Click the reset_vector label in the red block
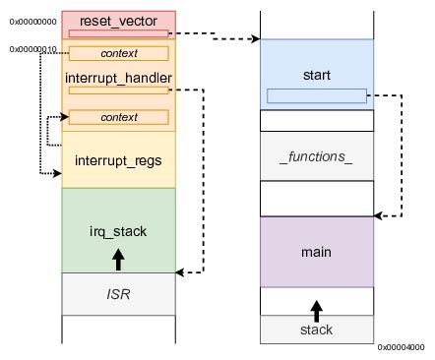tap(117, 20)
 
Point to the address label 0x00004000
tap(401, 346)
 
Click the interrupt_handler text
tap(118, 77)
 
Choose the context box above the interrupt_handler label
tap(118, 53)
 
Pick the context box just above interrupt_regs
tap(118, 117)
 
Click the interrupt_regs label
tap(118, 160)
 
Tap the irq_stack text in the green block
tap(118, 232)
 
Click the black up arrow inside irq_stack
tap(118, 258)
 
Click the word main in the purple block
tap(317, 252)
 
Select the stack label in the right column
tap(317, 330)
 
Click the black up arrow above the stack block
tap(317, 311)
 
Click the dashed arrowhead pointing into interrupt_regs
tap(56, 174)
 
